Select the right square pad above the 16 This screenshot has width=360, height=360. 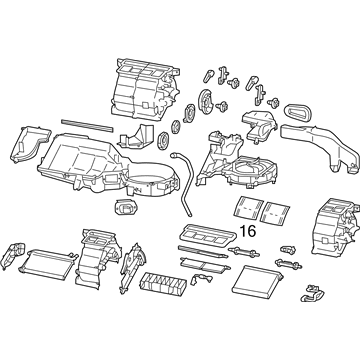click(x=276, y=209)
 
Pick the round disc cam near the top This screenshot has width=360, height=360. click(x=206, y=102)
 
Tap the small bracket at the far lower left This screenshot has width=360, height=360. click(x=15, y=255)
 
